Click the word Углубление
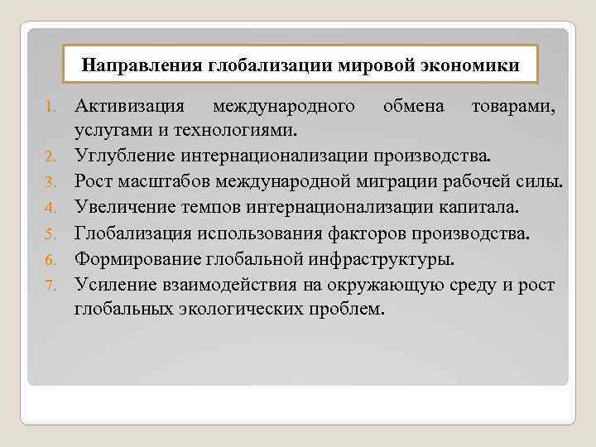point(121,155)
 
